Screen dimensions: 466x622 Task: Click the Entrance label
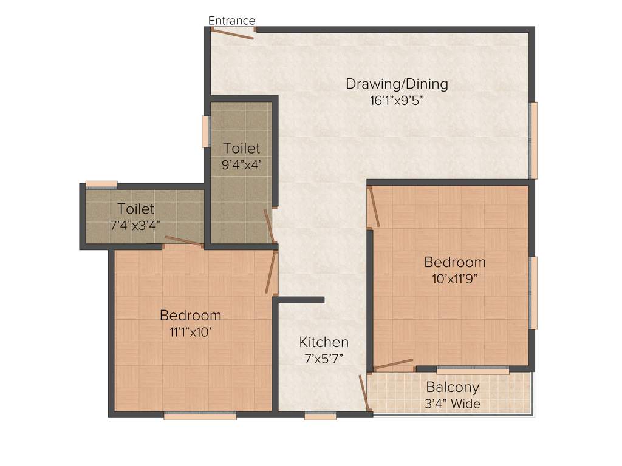tap(231, 21)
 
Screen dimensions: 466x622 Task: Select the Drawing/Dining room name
tap(397, 84)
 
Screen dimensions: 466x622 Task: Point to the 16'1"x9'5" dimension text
tap(397, 100)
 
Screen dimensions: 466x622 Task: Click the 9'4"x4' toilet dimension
tap(241, 164)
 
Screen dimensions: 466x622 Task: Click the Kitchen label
tap(324, 342)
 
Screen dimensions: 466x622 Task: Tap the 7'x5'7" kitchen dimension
tap(324, 358)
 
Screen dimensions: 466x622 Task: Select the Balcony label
tap(453, 387)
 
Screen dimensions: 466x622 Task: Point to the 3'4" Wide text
tap(453, 404)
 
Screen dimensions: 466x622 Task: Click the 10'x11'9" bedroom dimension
tap(455, 279)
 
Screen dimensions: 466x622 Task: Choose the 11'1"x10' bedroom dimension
tap(190, 332)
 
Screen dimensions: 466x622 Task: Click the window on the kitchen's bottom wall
tap(320, 416)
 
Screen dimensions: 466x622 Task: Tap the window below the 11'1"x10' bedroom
tap(191, 416)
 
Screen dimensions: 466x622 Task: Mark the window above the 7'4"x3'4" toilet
tap(101, 184)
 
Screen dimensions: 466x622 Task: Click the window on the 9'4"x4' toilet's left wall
tap(205, 131)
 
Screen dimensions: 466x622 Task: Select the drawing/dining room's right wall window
tap(533, 140)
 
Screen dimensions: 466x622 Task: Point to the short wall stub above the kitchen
tap(301, 299)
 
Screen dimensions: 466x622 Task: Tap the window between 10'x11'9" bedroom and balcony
tap(473, 370)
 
